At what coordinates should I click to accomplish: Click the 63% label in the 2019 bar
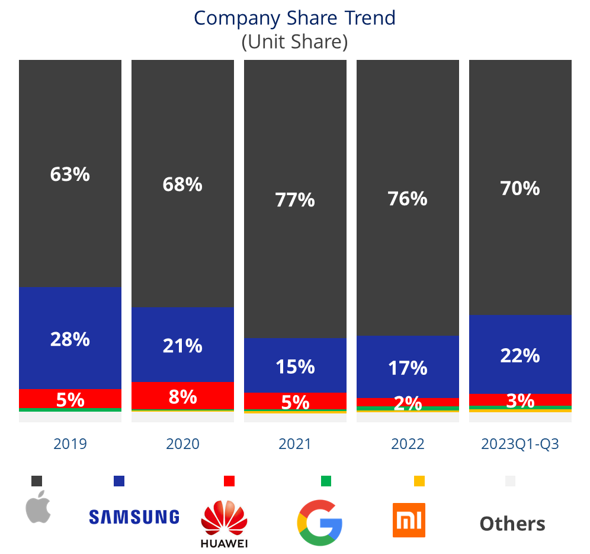pyautogui.click(x=70, y=174)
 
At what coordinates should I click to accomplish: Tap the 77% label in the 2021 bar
pyautogui.click(x=295, y=200)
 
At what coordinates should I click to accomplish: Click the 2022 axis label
pyautogui.click(x=408, y=444)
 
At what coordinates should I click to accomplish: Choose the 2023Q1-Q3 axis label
pyautogui.click(x=520, y=444)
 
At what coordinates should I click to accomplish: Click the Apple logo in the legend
pyautogui.click(x=39, y=507)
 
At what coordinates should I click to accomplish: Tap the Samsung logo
pyautogui.click(x=134, y=517)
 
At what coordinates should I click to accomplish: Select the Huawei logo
pyautogui.click(x=224, y=525)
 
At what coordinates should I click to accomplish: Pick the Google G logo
pyautogui.click(x=319, y=523)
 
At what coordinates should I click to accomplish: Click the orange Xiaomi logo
pyautogui.click(x=409, y=520)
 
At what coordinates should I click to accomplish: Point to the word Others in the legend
pyautogui.click(x=512, y=524)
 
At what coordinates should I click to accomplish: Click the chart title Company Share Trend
pyautogui.click(x=294, y=18)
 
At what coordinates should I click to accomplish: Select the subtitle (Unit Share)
pyautogui.click(x=294, y=42)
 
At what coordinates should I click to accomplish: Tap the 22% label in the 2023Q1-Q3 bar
pyautogui.click(x=520, y=355)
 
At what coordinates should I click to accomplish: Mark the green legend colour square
pyautogui.click(x=326, y=481)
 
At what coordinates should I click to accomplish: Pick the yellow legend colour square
pyautogui.click(x=419, y=481)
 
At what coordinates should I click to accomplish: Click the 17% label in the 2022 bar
pyautogui.click(x=408, y=368)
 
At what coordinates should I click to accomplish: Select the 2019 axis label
pyautogui.click(x=70, y=444)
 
